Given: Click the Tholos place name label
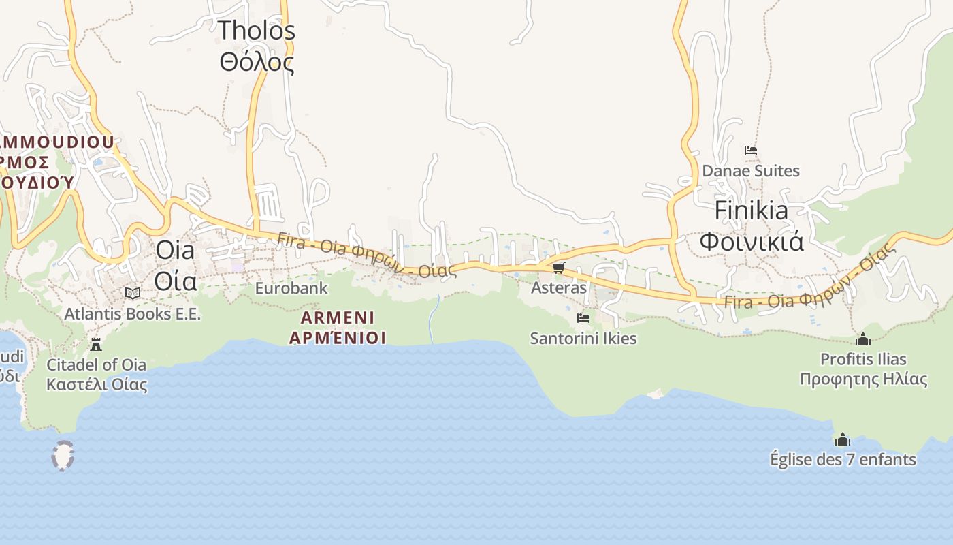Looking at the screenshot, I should tap(257, 31).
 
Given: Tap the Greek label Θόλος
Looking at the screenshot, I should tap(257, 63).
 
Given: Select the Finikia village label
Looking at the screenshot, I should tap(751, 211).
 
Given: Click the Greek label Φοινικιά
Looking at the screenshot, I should tap(752, 241).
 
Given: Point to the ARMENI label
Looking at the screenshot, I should tap(338, 317).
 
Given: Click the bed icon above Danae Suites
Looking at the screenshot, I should tap(751, 150).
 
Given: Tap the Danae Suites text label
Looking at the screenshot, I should tap(751, 170).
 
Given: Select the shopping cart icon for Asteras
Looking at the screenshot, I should tap(559, 268).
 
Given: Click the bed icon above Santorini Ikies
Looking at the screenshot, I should tap(583, 317).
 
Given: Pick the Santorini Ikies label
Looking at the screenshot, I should tap(583, 338).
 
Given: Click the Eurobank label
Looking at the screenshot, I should tap(291, 288).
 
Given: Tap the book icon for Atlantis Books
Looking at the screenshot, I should tap(133, 293).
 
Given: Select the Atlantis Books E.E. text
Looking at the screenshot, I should tap(133, 314).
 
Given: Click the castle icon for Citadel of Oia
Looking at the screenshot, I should tap(96, 344).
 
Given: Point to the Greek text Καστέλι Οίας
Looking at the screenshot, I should tap(97, 384).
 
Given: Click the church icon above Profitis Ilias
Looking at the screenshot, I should tap(863, 339).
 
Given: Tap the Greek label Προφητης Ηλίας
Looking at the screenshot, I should tap(863, 379).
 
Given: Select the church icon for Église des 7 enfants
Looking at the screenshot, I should tap(843, 439).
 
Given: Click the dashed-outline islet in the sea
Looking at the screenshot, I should tap(63, 455).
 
